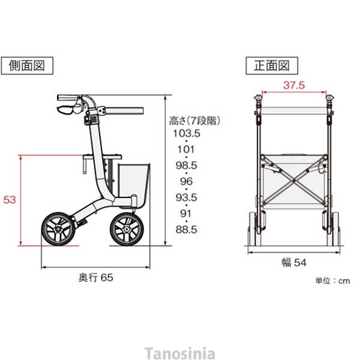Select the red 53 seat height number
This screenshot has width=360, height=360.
10,200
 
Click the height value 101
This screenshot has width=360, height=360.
186,149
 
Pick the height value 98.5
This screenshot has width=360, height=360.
186,165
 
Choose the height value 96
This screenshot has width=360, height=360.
186,181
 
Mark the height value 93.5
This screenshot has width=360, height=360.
186,197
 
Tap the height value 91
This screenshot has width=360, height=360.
186,213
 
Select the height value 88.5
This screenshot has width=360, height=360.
186,229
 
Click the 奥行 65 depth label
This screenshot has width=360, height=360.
95,277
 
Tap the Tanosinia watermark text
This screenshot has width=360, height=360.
180,353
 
